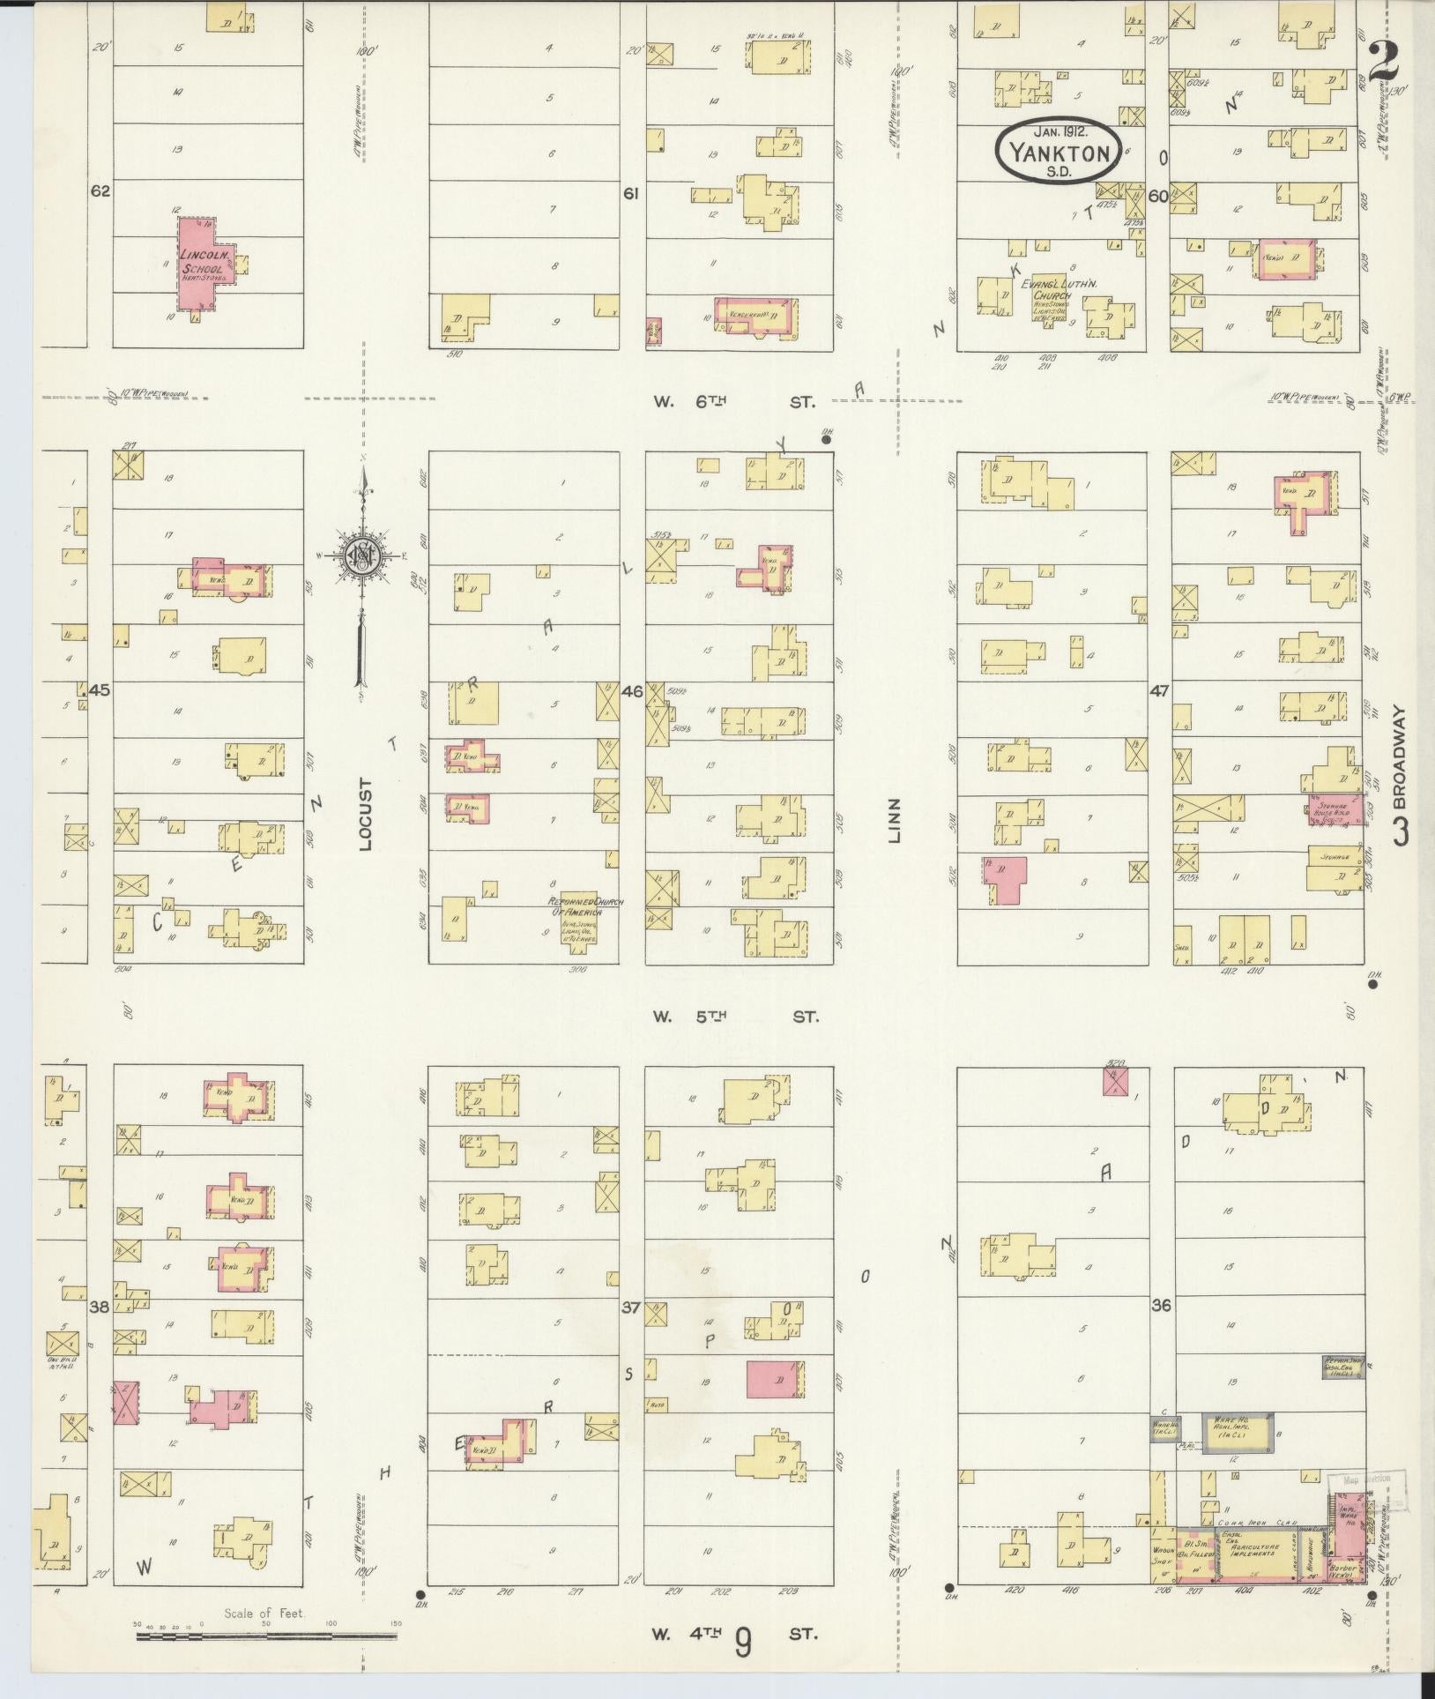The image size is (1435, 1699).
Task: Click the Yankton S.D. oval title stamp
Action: [1059, 153]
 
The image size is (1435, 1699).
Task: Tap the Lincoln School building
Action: [204, 263]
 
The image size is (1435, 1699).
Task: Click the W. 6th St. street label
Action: [736, 402]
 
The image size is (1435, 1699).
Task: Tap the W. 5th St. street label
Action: [736, 1017]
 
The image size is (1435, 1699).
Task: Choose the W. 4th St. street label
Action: [736, 1633]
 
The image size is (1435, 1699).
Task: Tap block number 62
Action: [100, 190]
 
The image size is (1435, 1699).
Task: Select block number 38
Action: [99, 1308]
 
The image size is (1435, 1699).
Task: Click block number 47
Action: [1158, 691]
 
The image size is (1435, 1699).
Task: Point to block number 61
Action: [630, 194]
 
